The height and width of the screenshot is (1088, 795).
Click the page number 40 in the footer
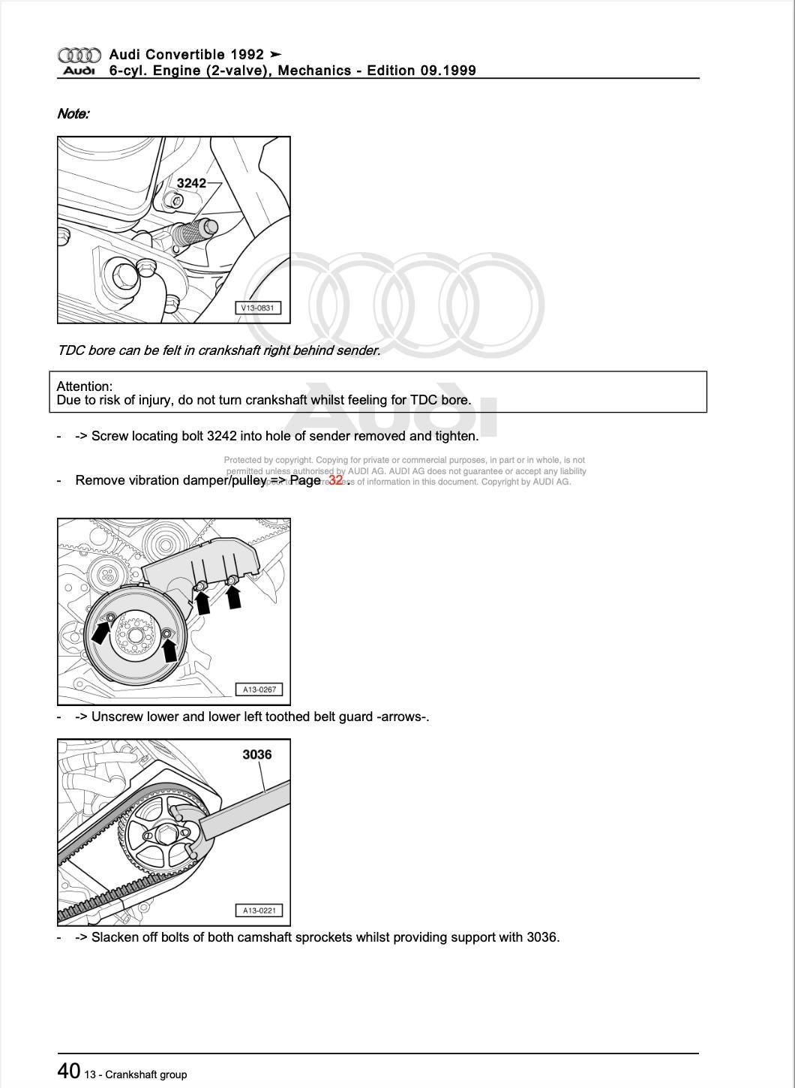click(68, 1070)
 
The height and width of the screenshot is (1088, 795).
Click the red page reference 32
click(335, 480)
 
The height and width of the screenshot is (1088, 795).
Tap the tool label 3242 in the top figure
click(191, 183)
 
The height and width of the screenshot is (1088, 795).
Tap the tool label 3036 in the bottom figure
click(256, 754)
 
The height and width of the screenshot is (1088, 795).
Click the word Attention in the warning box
click(83, 386)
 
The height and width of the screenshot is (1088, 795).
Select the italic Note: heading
click(73, 114)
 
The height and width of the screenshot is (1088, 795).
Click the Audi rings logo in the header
click(79, 55)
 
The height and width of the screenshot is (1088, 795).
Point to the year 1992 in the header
click(247, 54)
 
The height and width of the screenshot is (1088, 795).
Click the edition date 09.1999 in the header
click(448, 71)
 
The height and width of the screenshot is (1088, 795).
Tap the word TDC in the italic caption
click(70, 350)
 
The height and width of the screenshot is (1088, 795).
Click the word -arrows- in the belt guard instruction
click(403, 717)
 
